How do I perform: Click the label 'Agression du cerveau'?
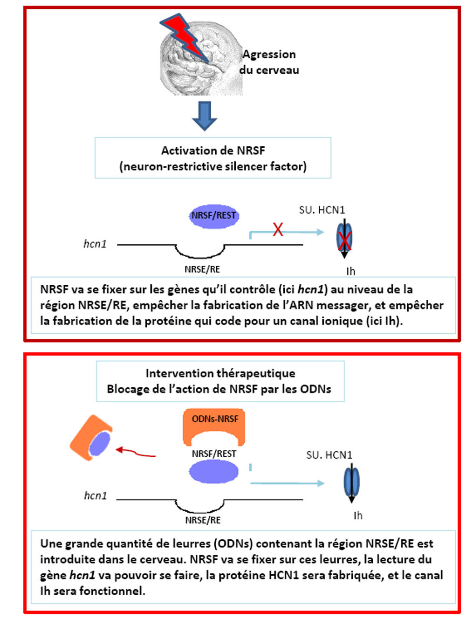click(269, 62)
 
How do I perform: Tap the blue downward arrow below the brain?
click(205, 115)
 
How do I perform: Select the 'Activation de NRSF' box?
click(213, 158)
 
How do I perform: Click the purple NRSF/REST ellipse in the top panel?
click(213, 216)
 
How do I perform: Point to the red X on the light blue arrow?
click(278, 229)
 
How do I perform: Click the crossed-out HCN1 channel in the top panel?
click(344, 238)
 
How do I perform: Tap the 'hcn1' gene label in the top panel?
click(95, 244)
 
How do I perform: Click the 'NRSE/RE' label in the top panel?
click(202, 269)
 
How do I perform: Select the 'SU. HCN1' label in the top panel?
click(322, 210)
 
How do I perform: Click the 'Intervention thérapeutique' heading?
click(220, 373)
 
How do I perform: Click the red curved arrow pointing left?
click(136, 452)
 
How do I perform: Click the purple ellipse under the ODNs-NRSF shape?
click(213, 472)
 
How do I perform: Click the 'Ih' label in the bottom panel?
click(358, 516)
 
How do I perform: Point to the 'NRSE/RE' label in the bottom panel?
click(203, 520)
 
